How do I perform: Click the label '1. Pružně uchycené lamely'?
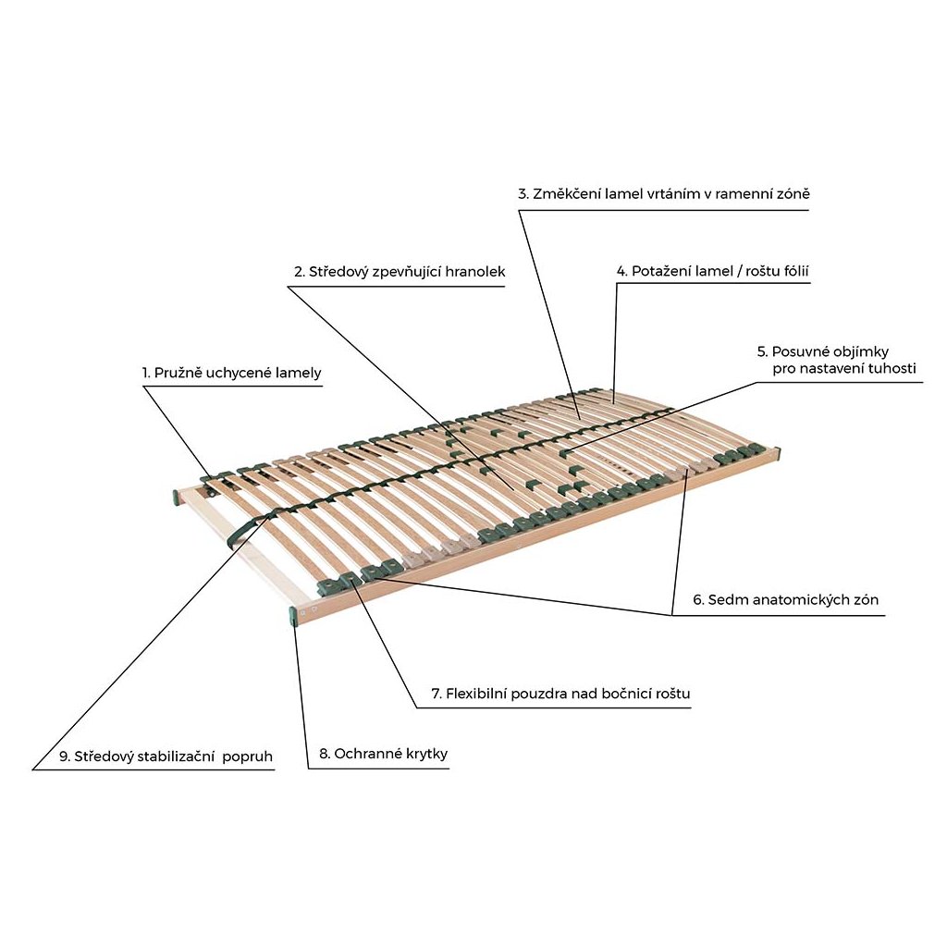[x=232, y=374]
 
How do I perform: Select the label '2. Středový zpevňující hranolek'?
[x=400, y=272]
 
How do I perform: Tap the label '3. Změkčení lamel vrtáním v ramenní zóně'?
[x=664, y=194]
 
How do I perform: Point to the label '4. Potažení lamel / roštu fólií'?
[x=713, y=271]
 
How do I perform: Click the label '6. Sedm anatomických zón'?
[x=786, y=599]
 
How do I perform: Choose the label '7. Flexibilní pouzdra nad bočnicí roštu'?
[x=560, y=694]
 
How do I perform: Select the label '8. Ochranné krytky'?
[x=384, y=754]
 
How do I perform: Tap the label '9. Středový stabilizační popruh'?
[x=166, y=756]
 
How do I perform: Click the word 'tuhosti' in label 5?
[x=891, y=368]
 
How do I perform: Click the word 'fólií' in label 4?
[x=793, y=271]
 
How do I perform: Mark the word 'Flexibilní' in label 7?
[x=476, y=694]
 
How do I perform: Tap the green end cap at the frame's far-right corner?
[x=776, y=453]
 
